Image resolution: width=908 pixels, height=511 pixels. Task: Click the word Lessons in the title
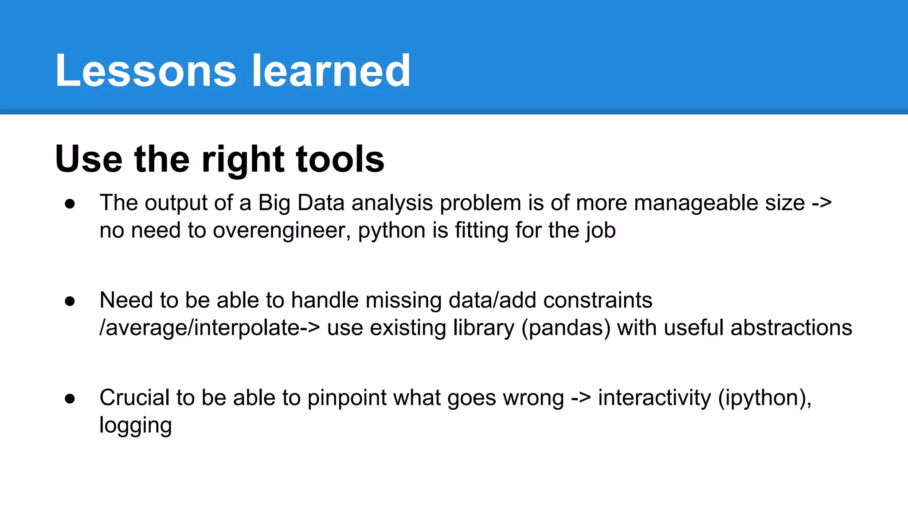tap(145, 71)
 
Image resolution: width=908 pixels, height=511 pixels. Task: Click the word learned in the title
tap(331, 71)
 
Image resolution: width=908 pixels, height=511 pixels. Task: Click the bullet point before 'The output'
tap(70, 204)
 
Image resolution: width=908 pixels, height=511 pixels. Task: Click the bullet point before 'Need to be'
tap(70, 301)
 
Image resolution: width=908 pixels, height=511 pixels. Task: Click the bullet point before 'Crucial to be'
tap(70, 398)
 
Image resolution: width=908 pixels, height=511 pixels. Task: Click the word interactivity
tap(654, 397)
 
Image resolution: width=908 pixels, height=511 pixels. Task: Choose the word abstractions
tap(791, 328)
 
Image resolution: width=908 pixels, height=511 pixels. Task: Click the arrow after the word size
tap(822, 204)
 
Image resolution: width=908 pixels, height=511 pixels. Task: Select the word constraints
tap(597, 300)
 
